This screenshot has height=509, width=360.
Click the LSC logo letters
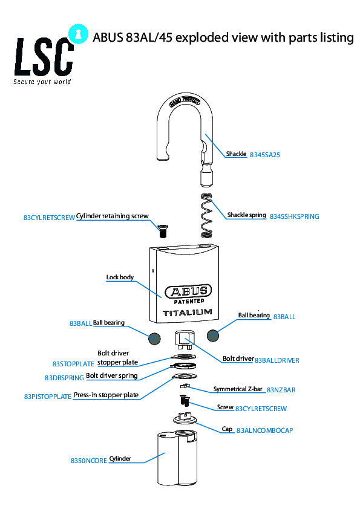click(44, 57)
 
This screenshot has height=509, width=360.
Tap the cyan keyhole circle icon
click(78, 34)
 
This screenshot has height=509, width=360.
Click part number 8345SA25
click(264, 155)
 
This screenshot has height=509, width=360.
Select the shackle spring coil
click(206, 215)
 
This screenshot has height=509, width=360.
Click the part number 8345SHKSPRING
click(295, 216)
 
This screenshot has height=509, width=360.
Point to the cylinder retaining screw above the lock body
click(163, 231)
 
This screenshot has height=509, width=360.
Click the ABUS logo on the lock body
click(188, 291)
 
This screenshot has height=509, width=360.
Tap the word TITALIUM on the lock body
click(188, 313)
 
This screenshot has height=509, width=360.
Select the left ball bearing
click(154, 339)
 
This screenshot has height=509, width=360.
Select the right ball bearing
click(213, 336)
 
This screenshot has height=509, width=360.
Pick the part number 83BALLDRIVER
click(277, 360)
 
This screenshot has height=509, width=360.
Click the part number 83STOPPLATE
click(73, 365)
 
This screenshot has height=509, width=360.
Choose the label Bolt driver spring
click(112, 375)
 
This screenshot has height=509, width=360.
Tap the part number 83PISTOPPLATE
click(48, 397)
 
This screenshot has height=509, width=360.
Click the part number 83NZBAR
click(281, 390)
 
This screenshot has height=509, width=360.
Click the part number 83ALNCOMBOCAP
click(264, 430)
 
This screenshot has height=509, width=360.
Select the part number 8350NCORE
click(89, 461)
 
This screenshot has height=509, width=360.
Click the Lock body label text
click(120, 277)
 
